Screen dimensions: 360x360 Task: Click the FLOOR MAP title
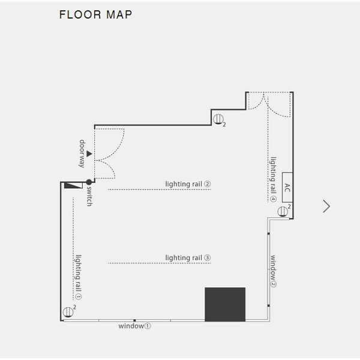(x=96, y=14)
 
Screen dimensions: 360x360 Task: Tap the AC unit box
(x=287, y=187)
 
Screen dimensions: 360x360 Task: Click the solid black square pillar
(x=225, y=304)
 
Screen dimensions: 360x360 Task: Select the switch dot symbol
(x=89, y=182)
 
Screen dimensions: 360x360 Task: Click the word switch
(x=89, y=196)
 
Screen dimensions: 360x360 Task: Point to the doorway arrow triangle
(x=89, y=154)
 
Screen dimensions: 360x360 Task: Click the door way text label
(x=82, y=154)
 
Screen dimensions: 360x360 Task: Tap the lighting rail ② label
(x=188, y=184)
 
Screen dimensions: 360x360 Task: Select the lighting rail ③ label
(x=188, y=257)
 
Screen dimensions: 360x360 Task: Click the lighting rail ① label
(x=79, y=277)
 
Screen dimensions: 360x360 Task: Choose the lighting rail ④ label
(x=273, y=179)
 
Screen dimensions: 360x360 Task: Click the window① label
(x=134, y=326)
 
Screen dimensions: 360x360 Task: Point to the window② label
(x=273, y=271)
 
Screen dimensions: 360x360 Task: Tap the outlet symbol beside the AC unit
(x=283, y=211)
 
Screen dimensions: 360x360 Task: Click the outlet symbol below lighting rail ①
(x=68, y=312)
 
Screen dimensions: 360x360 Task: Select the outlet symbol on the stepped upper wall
(x=218, y=119)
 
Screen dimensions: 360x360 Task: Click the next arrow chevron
(x=326, y=206)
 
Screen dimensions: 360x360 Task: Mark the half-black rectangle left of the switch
(x=73, y=185)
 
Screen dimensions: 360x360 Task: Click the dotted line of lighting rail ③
(x=160, y=263)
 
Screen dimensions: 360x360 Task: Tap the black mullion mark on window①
(x=134, y=320)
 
